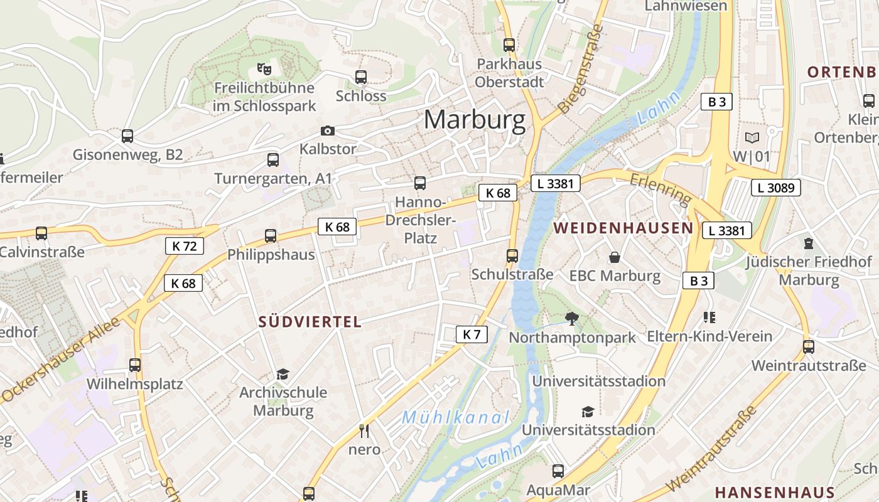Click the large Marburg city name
(475, 119)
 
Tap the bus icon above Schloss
(361, 77)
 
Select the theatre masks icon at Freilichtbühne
(264, 68)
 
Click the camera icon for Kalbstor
(328, 131)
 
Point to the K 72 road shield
(185, 246)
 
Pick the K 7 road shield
(471, 334)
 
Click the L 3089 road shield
(776, 187)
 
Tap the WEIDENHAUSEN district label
(623, 228)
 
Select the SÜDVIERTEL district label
(310, 322)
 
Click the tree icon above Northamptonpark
(571, 319)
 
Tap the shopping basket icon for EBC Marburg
(614, 257)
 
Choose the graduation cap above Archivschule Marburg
(283, 375)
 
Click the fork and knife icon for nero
(364, 430)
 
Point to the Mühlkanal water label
(456, 417)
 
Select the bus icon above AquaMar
(558, 471)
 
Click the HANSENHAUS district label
(775, 493)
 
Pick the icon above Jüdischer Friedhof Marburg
(809, 243)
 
